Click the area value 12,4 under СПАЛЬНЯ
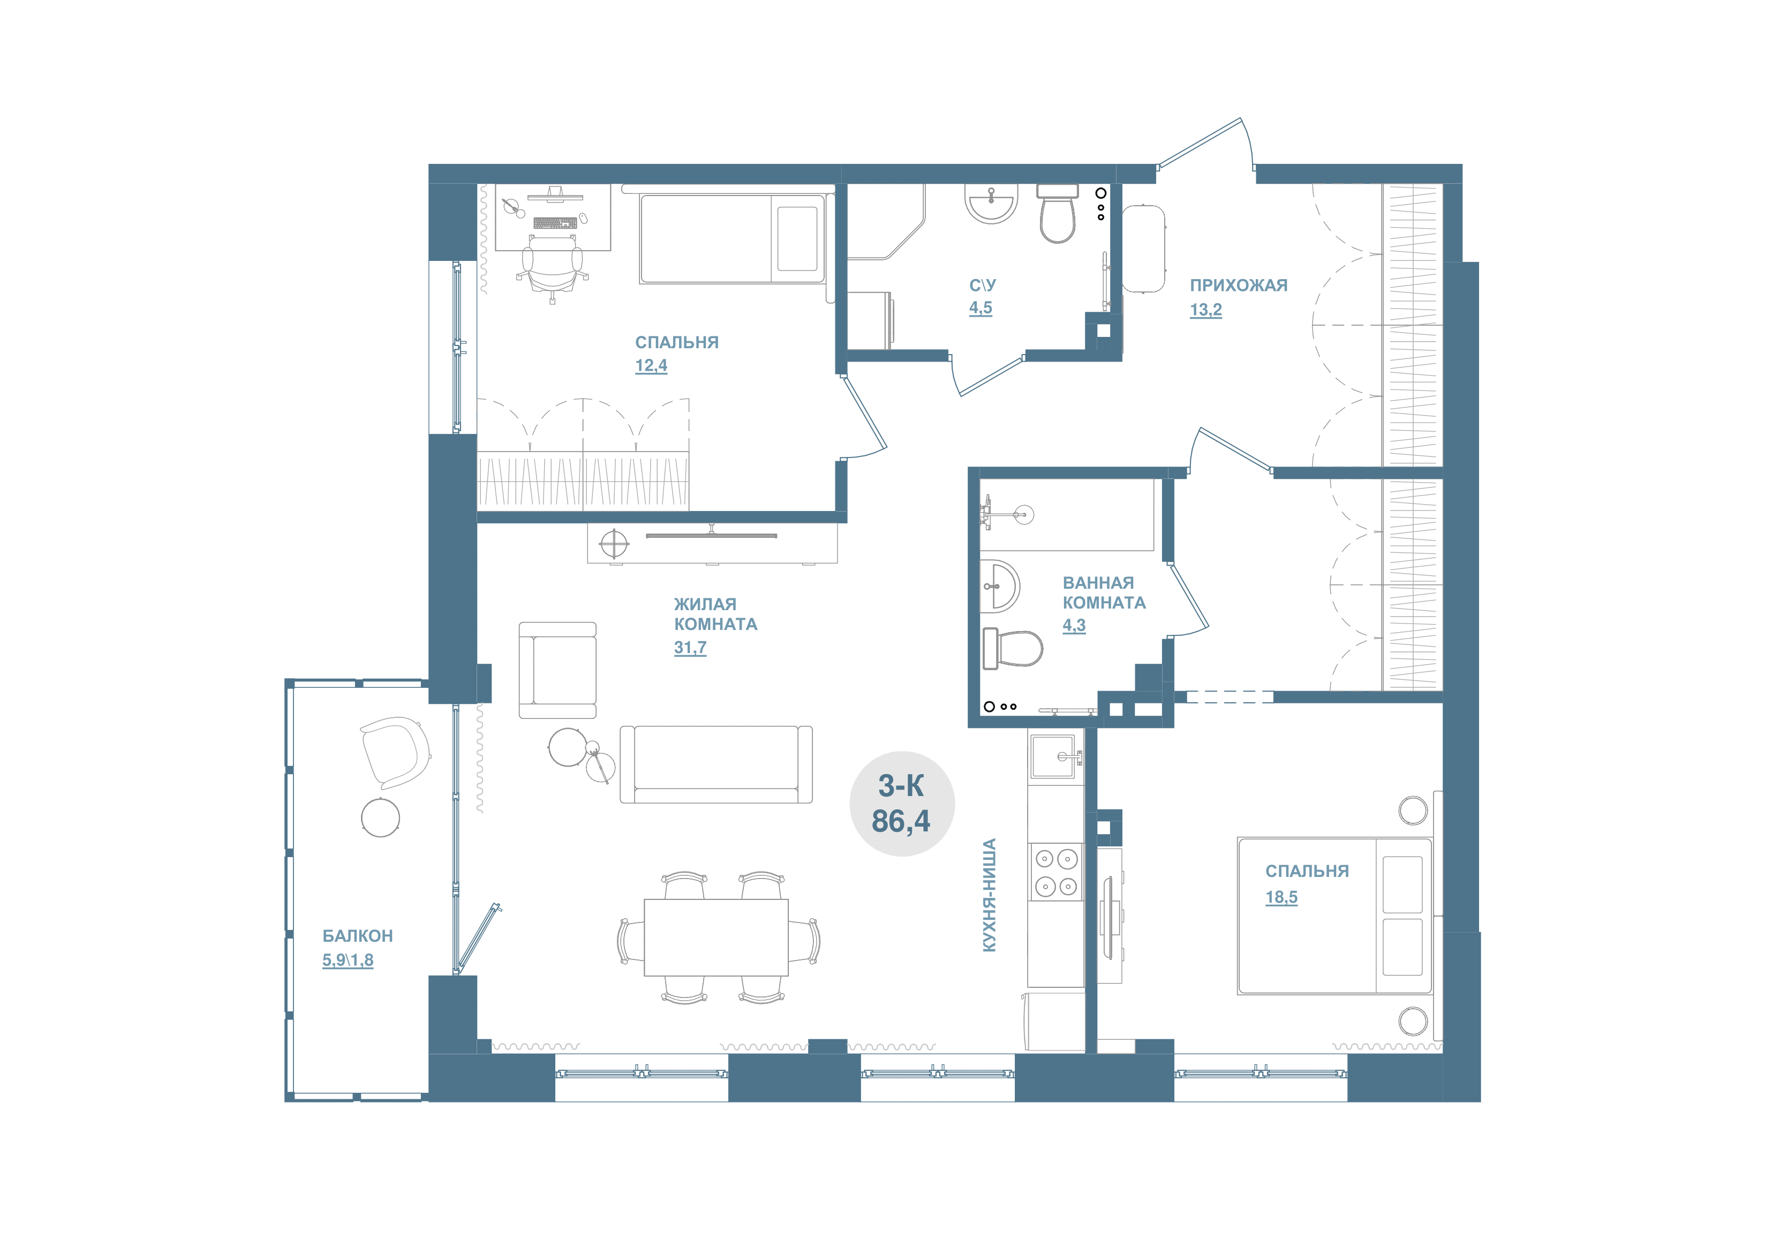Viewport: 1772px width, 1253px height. pos(651,365)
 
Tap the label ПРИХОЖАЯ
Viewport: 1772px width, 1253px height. pos(1238,286)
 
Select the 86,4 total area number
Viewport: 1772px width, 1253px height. pos(901,821)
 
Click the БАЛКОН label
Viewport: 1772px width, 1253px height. pos(357,936)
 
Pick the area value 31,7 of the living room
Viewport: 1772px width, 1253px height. pos(690,648)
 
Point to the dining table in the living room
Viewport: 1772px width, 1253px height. pos(716,937)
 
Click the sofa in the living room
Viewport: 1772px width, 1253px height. pos(716,764)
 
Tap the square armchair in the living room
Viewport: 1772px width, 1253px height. pos(557,670)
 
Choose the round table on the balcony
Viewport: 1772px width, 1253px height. pos(381,817)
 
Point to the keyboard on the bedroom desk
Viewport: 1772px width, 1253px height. pos(555,223)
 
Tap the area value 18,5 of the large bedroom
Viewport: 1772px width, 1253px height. pos(1281,897)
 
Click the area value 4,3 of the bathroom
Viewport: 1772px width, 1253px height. pos(1074,625)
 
